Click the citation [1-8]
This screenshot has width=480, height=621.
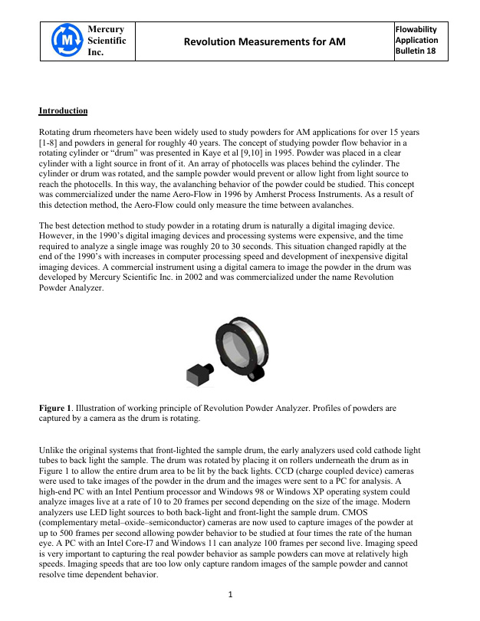(50, 143)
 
